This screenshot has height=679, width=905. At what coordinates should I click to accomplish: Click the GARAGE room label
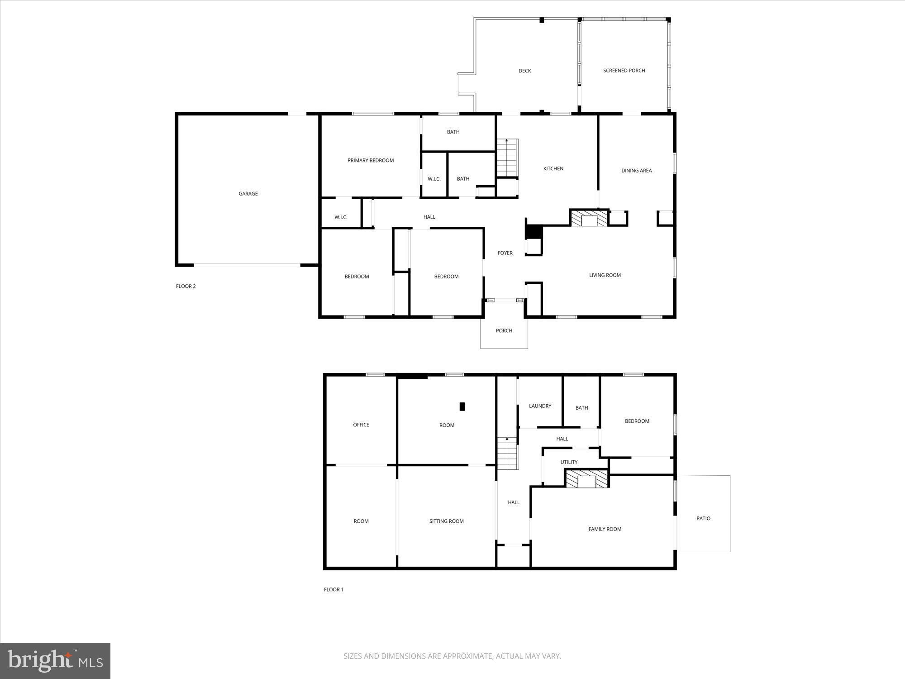[x=248, y=194]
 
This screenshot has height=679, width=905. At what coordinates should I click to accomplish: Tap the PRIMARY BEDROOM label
[x=371, y=160]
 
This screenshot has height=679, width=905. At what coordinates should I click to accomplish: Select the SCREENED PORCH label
[x=624, y=71]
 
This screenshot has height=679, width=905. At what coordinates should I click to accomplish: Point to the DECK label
[x=524, y=71]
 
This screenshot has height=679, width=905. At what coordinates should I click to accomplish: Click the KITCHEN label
[x=553, y=168]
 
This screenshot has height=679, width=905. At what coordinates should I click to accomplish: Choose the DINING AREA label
[x=636, y=171]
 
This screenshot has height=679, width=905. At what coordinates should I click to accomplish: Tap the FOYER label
[x=505, y=253]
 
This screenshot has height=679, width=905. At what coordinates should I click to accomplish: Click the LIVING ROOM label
[x=605, y=275]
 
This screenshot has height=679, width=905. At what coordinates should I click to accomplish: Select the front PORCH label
[x=504, y=331]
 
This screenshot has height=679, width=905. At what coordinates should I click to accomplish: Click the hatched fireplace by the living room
[x=589, y=218]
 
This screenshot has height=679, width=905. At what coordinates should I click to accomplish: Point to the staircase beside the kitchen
[x=507, y=158]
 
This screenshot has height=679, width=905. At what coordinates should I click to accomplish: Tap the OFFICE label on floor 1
[x=361, y=425]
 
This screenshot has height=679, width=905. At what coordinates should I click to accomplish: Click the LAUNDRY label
[x=540, y=406]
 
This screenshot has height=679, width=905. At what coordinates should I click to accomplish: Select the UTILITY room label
[x=569, y=462]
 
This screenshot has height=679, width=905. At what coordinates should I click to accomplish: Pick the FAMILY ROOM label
[x=605, y=529]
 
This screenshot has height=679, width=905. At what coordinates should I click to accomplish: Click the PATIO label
[x=703, y=518]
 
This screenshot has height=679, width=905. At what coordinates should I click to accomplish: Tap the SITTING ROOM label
[x=446, y=521]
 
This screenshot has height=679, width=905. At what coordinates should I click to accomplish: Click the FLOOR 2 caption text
[x=186, y=286]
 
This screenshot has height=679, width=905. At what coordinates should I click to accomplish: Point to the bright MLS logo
[x=55, y=661]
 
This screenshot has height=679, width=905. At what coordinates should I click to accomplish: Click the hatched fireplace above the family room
[x=587, y=479]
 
